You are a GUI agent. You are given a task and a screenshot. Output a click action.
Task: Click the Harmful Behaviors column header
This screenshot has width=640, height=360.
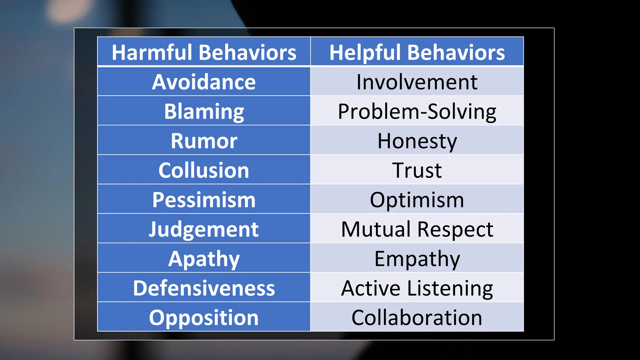(x=204, y=52)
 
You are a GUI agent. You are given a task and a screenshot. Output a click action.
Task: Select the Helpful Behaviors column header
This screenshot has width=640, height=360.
(x=417, y=52)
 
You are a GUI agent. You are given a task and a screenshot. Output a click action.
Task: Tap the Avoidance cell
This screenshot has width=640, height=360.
(x=204, y=82)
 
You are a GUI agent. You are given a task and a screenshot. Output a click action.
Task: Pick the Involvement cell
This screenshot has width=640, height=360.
(x=417, y=82)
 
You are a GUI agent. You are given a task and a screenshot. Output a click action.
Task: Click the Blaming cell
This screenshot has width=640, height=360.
(x=204, y=111)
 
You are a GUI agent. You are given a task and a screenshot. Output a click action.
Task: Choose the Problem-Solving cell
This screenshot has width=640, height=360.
(x=417, y=111)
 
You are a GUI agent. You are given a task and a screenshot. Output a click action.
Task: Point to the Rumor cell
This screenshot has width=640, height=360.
(x=204, y=141)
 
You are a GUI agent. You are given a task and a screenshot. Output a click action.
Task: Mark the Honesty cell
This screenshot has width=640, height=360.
(x=417, y=141)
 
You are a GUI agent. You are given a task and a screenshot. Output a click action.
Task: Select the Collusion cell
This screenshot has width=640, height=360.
(x=204, y=170)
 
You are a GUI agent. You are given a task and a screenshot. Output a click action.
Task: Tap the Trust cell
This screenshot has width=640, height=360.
(x=417, y=170)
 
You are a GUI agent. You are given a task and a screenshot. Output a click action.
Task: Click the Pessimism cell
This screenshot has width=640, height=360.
(x=204, y=199)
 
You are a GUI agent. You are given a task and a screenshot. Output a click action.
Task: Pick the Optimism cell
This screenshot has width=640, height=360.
(x=417, y=199)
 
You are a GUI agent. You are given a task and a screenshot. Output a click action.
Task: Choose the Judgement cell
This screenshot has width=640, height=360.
(x=204, y=229)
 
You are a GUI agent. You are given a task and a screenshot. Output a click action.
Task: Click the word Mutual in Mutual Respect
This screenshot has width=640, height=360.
(x=376, y=229)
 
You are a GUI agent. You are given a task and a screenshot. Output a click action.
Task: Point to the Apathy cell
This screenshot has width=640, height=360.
(x=204, y=258)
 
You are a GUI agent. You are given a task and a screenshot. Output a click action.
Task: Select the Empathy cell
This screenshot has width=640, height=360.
(x=417, y=258)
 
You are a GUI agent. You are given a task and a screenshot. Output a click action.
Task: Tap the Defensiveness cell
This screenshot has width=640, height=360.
(x=204, y=288)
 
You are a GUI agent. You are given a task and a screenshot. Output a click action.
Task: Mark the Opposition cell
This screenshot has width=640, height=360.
(x=204, y=317)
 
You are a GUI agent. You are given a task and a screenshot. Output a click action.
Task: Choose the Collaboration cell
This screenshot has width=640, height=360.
(x=417, y=317)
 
